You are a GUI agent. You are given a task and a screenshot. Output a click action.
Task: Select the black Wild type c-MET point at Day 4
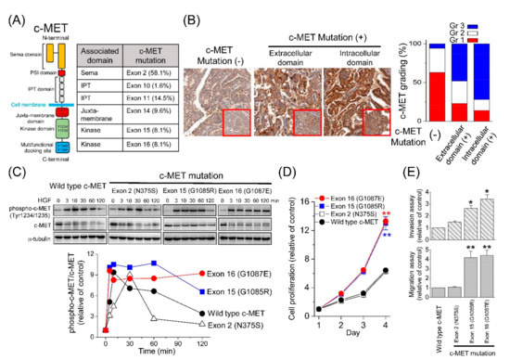358,270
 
